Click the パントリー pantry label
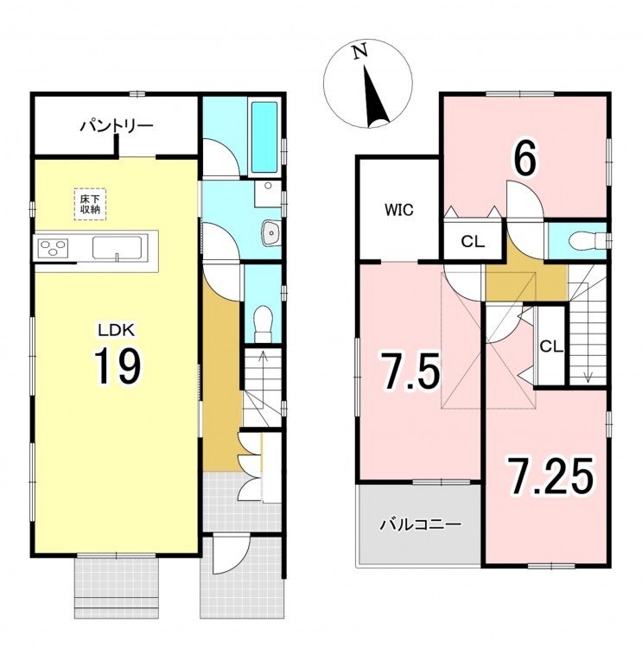coord(117,125)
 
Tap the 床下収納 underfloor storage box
coord(90,204)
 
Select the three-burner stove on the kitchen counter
coord(53,248)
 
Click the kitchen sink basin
coord(117,248)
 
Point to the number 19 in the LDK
coord(118,365)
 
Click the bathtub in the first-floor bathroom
coord(264,137)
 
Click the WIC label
coord(399,210)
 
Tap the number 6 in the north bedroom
coord(525,157)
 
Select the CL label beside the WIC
coord(473,242)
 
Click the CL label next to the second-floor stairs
coord(551,346)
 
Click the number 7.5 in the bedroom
coord(411,372)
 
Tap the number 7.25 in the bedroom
coord(550,476)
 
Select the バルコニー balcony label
coord(420,524)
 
